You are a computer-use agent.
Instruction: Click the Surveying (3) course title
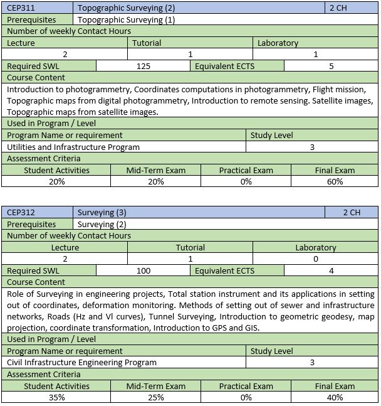[102, 213]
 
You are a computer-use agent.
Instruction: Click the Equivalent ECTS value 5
[331, 66]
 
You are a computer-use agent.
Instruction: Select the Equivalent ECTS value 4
[331, 270]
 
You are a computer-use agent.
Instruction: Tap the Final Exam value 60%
[335, 181]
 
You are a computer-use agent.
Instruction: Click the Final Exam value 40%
[335, 397]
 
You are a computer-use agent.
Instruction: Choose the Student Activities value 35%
[56, 397]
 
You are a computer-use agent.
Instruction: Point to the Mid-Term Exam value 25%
[155, 397]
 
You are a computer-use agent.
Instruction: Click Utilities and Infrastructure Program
[73, 147]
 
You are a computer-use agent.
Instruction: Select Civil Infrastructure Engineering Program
[82, 363]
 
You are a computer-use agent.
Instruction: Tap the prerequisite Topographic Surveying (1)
[126, 19]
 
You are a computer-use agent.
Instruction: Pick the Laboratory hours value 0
[315, 259]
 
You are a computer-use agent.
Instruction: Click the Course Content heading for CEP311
[36, 78]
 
